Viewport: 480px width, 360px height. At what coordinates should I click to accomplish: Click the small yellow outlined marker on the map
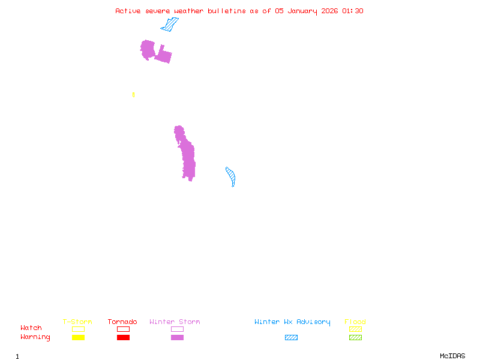click(x=133, y=95)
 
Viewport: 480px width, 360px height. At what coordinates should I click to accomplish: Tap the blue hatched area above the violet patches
click(x=170, y=25)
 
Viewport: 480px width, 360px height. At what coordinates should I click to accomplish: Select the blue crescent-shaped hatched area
click(x=231, y=176)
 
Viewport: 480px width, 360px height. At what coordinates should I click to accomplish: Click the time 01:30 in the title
click(x=353, y=11)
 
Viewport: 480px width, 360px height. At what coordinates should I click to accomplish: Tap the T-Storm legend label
click(x=77, y=322)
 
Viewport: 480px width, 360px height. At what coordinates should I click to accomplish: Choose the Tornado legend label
click(x=122, y=322)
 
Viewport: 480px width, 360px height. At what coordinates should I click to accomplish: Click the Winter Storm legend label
click(x=175, y=322)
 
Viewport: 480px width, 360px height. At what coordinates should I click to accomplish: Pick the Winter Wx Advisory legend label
click(x=292, y=322)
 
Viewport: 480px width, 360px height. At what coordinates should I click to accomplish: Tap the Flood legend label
click(x=355, y=322)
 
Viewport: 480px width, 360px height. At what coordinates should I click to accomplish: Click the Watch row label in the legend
click(x=31, y=328)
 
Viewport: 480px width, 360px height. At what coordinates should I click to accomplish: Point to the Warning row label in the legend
click(x=35, y=337)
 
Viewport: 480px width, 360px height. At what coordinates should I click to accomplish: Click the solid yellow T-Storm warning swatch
click(x=78, y=338)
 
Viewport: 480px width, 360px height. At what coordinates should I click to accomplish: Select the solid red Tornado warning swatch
click(x=123, y=338)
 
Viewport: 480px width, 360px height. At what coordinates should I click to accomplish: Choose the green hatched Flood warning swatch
click(x=355, y=338)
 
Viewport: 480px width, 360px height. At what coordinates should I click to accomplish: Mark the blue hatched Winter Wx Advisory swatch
click(x=291, y=338)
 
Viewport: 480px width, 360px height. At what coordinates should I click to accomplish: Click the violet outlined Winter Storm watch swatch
click(x=177, y=329)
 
